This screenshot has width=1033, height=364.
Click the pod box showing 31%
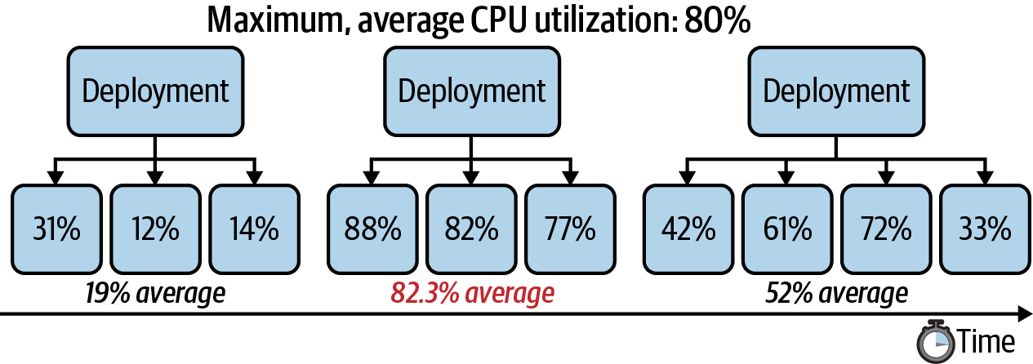tap(56, 229)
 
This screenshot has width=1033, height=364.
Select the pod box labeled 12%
tap(155, 229)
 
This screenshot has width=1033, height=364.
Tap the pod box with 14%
tap(254, 229)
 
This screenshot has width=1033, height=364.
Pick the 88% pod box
tap(372, 229)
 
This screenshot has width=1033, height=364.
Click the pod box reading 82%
tap(471, 229)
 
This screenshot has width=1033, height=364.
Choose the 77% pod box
tap(570, 229)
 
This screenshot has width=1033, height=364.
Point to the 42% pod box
tap(688, 229)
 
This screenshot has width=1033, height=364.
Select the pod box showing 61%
tap(786, 229)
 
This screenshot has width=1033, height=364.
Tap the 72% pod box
tap(885, 229)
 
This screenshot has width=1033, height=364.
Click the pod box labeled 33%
tap(984, 229)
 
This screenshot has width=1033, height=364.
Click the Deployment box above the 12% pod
tap(155, 91)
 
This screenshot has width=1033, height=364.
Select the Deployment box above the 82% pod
tap(471, 91)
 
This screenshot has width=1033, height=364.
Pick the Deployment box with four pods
tap(836, 91)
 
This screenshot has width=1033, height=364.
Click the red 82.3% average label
tap(472, 292)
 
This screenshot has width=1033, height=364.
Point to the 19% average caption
tap(155, 292)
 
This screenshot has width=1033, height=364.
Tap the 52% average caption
tap(836, 292)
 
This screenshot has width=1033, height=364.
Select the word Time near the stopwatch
tap(986, 340)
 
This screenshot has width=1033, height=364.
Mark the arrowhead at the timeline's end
tap(1024, 313)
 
